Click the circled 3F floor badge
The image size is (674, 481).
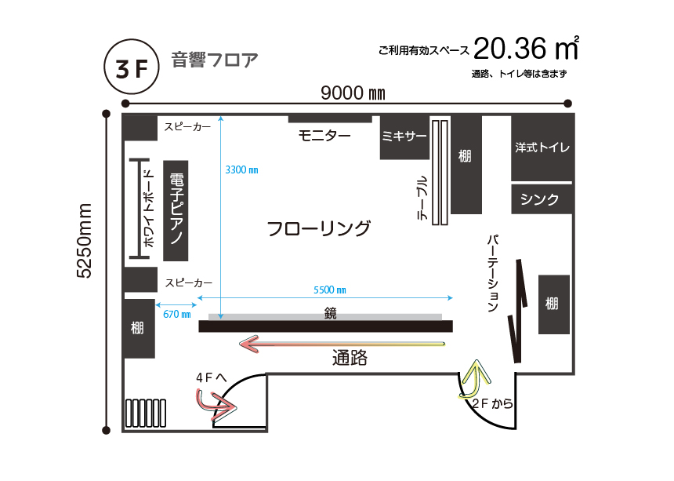132,67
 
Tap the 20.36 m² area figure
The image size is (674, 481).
526,48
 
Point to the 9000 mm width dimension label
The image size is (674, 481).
353,93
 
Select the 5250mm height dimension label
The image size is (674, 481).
85,240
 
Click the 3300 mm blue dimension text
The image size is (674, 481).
241,170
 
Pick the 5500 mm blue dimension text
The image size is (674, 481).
330,290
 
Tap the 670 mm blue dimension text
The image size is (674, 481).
176,314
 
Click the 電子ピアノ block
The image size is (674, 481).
176,210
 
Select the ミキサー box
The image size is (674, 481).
404,137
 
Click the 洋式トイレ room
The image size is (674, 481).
542,148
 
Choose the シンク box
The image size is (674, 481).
542,199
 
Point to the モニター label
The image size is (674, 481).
324,136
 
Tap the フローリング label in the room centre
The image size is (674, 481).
318,228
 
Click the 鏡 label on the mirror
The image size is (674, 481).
330,313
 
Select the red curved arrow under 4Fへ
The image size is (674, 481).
215,404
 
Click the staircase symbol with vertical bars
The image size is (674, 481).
146,413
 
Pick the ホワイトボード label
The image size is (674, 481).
148,209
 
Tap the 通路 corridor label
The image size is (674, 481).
350,358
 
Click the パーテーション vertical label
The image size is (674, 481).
493,273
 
